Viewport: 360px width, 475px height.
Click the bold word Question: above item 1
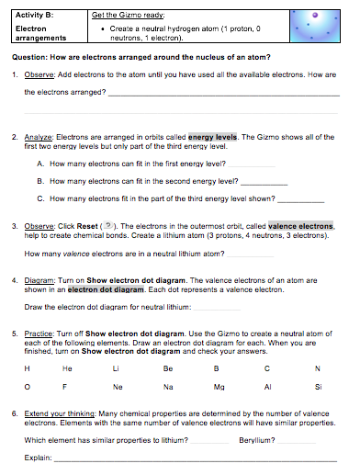(x=32, y=57)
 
